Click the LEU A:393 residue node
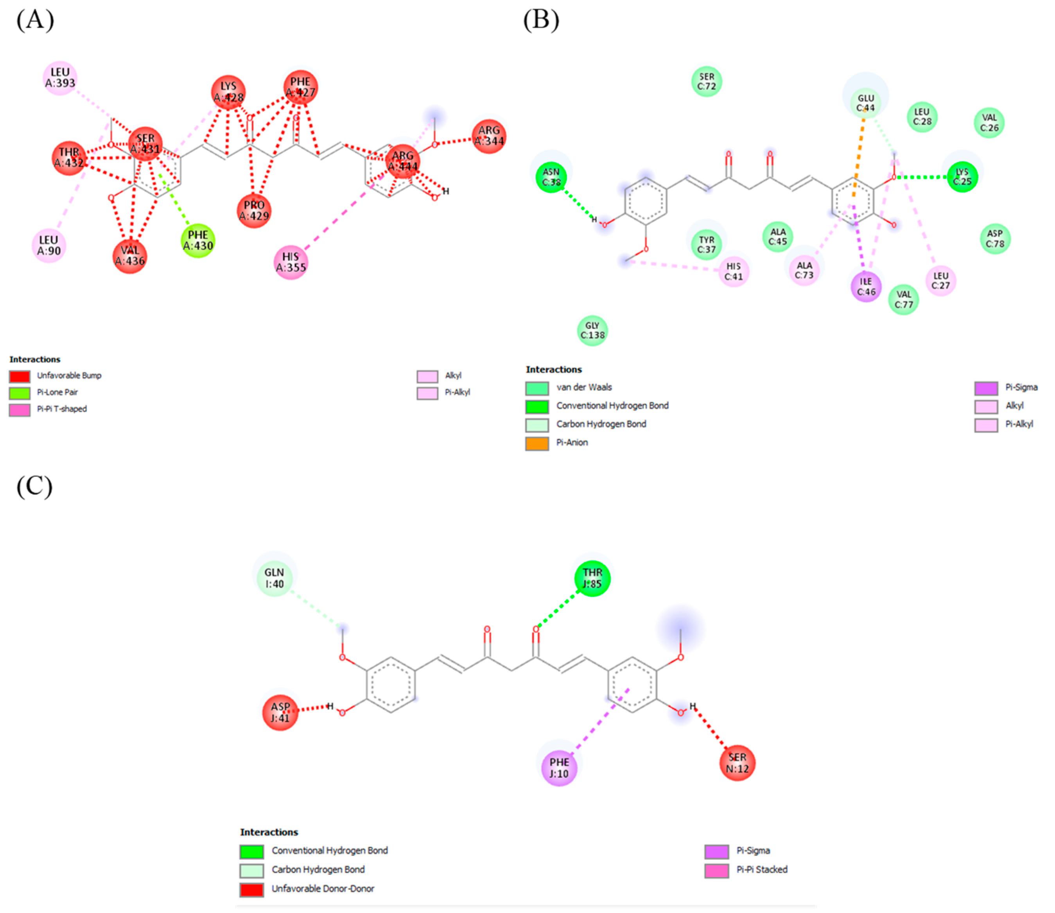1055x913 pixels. pos(60,78)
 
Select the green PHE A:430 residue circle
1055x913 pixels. pos(198,240)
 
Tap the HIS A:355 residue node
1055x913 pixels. pos(291,262)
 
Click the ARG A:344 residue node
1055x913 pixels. pos(489,136)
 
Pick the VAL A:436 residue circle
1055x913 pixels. pos(130,256)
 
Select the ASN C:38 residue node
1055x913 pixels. pos(551,177)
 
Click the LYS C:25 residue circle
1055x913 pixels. pos(962,177)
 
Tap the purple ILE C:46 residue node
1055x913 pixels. pos(866,286)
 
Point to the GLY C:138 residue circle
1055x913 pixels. pos(592,330)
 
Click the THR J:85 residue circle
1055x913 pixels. pos(592,578)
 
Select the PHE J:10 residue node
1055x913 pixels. pos(559,768)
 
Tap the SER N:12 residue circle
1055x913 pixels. pos(737,763)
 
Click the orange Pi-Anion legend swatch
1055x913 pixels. pos(537,443)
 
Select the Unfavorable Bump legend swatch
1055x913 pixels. pos(20,376)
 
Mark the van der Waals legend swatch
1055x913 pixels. pos(537,388)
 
